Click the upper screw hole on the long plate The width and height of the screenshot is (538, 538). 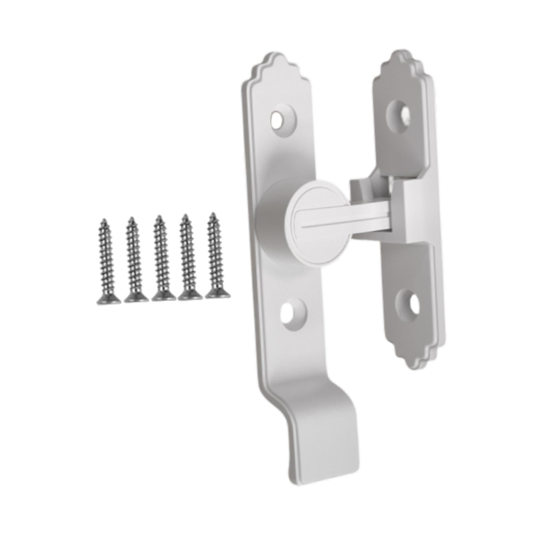click(x=278, y=119)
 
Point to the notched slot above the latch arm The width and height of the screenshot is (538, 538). click(x=370, y=188)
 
